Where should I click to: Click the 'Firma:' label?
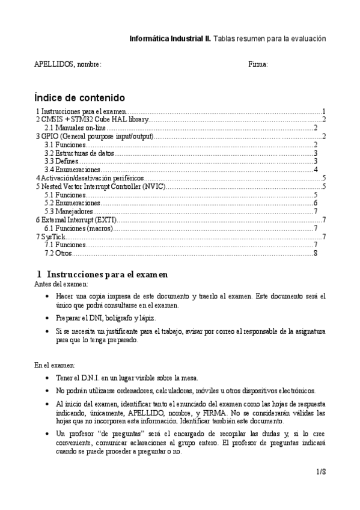point(258,64)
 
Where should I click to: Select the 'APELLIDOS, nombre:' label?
point(67,64)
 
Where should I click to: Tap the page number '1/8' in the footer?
point(320,472)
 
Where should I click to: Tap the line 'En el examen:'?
point(55,365)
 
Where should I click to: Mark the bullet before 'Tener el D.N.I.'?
point(48,378)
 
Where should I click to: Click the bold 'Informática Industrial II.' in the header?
point(170,38)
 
